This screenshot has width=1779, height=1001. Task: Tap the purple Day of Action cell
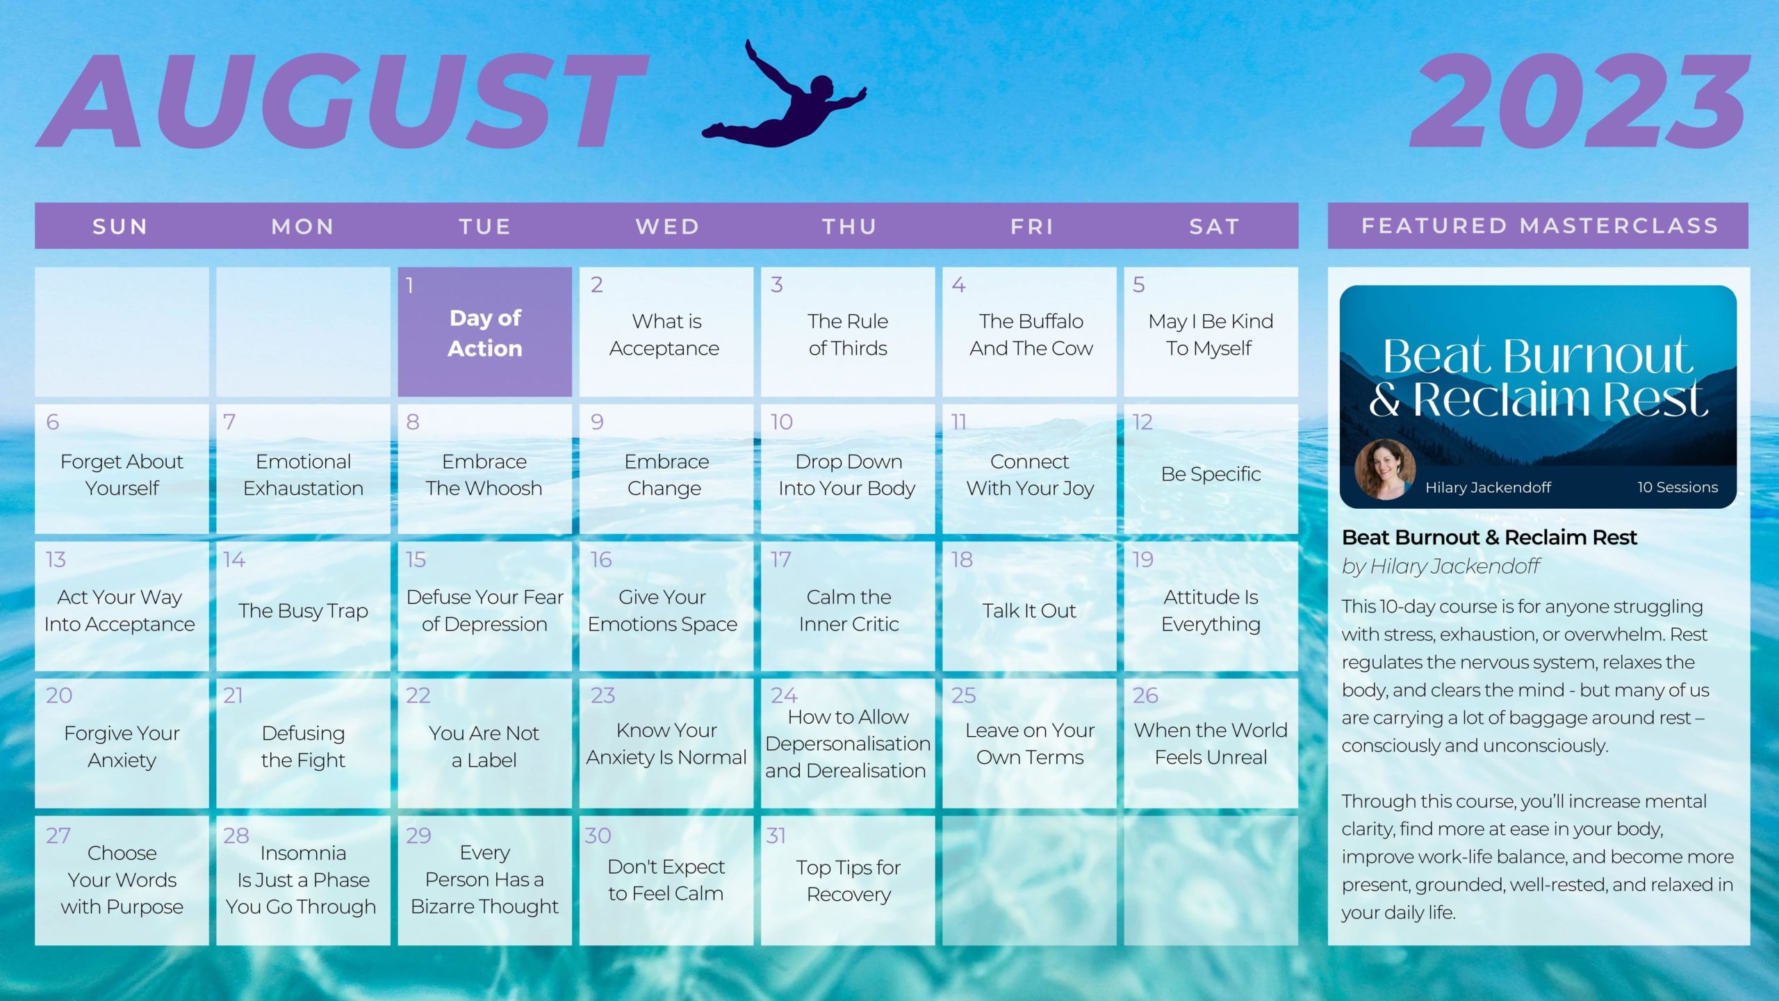point(484,332)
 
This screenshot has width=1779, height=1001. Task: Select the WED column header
point(667,227)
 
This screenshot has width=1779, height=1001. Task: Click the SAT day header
point(1214,227)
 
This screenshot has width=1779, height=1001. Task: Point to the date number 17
point(780,560)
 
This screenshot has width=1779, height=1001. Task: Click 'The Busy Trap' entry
point(303,610)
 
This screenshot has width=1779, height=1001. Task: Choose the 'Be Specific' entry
point(1211,474)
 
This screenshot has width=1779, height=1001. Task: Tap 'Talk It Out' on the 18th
point(1028,610)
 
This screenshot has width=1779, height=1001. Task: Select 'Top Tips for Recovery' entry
point(848,880)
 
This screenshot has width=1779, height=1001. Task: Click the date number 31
point(776,835)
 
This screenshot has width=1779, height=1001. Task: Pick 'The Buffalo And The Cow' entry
point(1031,334)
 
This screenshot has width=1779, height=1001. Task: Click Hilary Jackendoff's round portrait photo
point(1385,469)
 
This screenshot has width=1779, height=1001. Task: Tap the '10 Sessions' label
point(1678,487)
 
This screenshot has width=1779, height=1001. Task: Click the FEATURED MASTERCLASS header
point(1539,226)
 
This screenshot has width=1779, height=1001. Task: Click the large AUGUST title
point(342,101)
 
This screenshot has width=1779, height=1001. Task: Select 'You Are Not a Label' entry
point(484,747)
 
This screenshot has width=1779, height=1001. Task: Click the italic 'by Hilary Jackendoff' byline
point(1441,567)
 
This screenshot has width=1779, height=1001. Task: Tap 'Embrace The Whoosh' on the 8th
point(484,475)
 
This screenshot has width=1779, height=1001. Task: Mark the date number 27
point(58,835)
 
